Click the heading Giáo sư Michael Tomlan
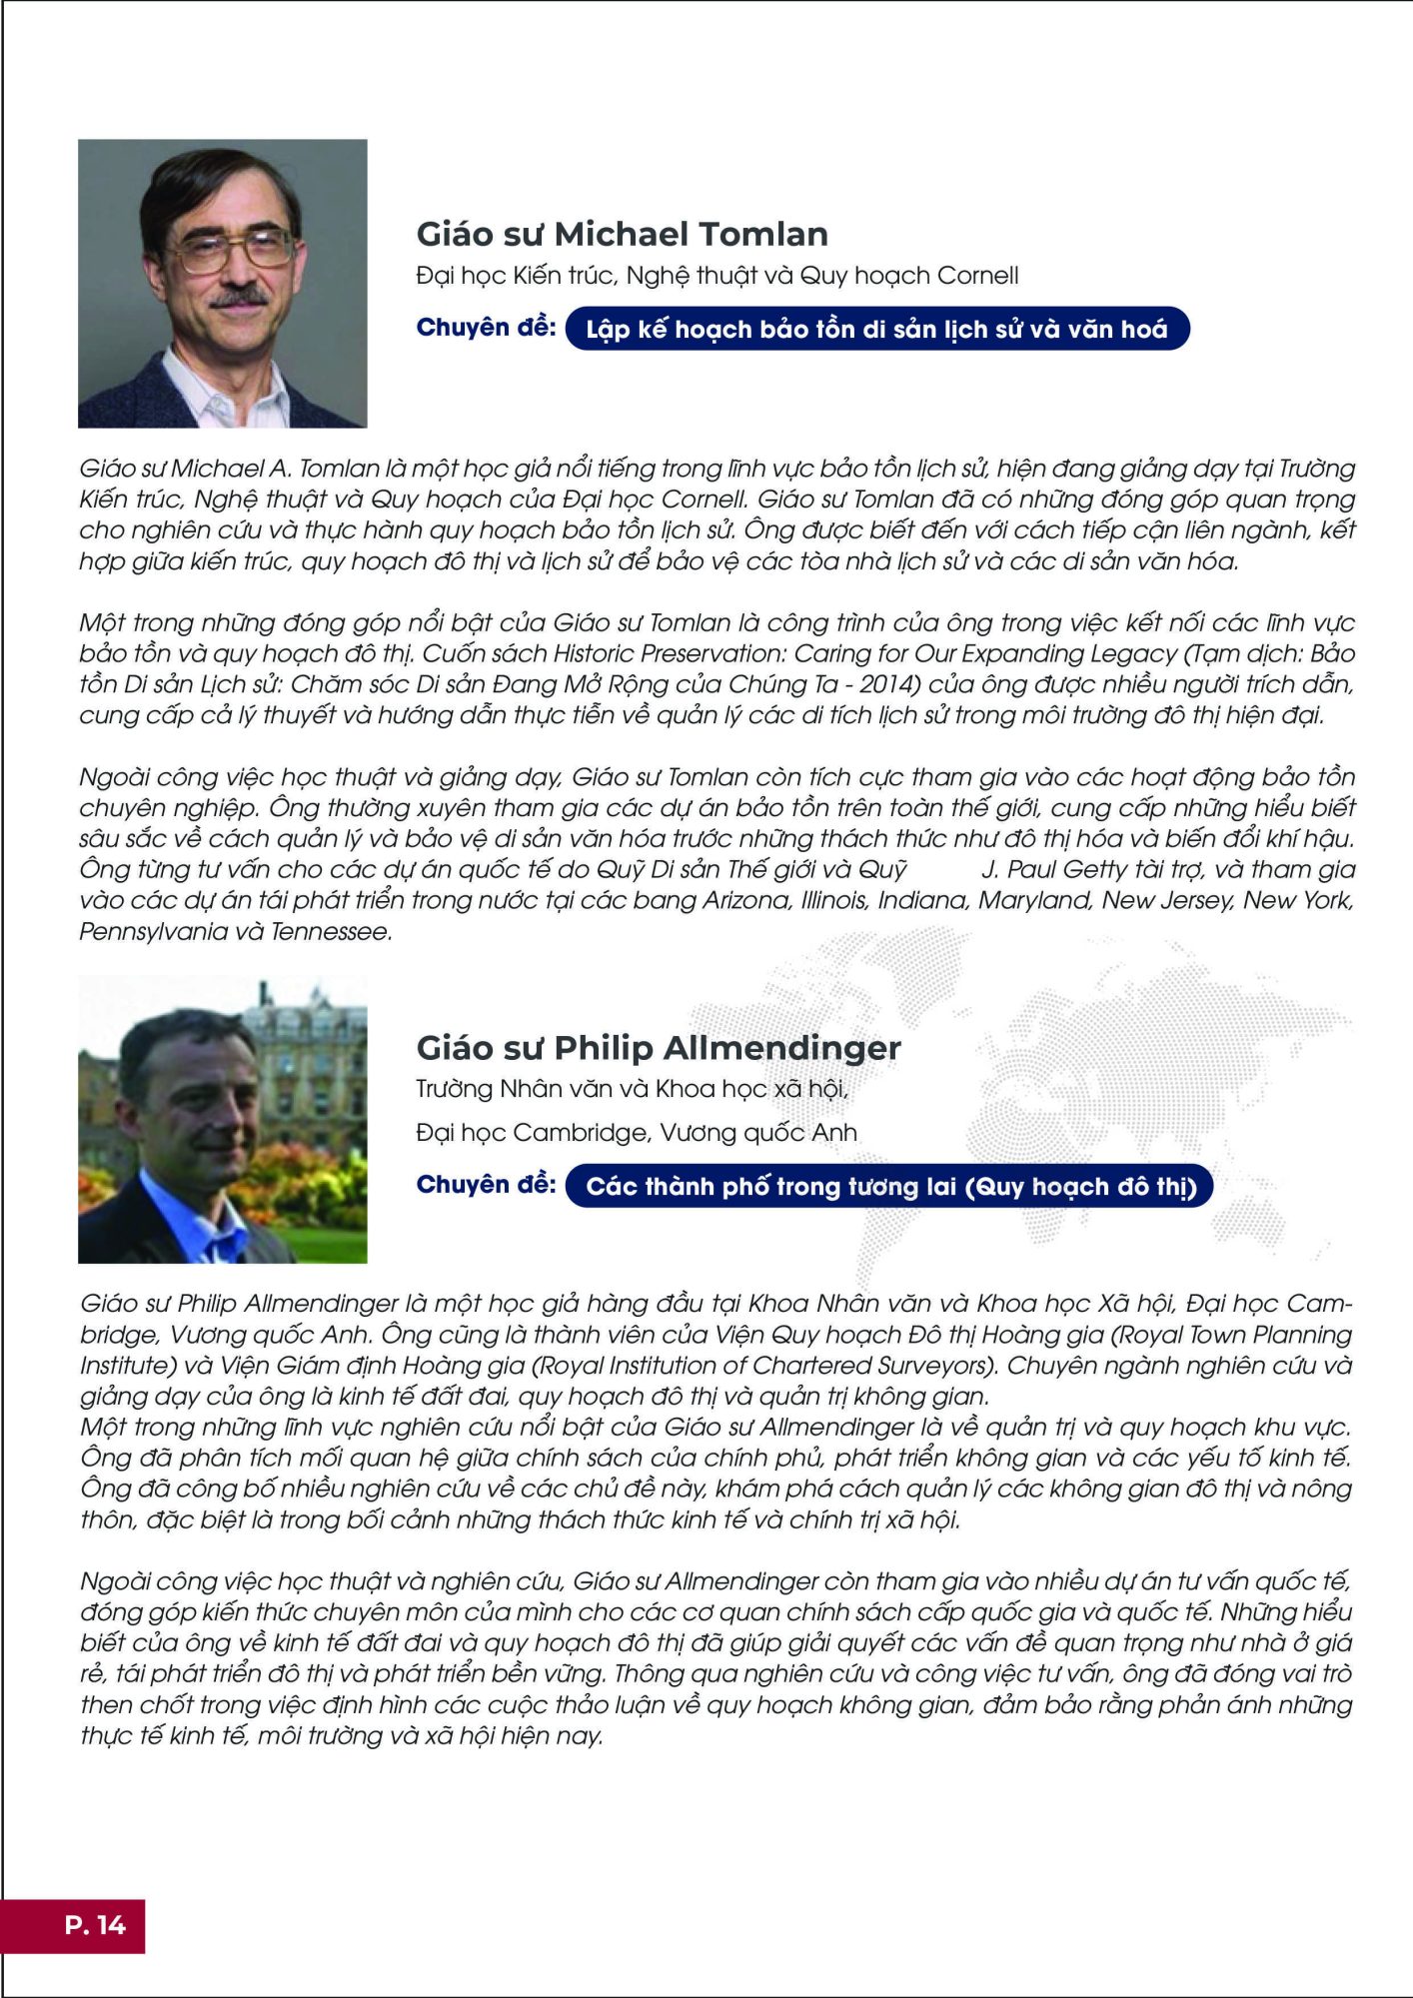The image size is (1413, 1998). click(x=622, y=234)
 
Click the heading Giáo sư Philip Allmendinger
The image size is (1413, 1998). click(x=659, y=1047)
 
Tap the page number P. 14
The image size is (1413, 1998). click(x=95, y=1925)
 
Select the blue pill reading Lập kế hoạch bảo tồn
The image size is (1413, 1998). click(x=876, y=329)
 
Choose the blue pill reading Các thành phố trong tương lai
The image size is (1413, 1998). click(x=889, y=1186)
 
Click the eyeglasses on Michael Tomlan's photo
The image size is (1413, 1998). click(x=235, y=247)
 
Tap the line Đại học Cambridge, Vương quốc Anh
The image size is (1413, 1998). click(x=636, y=1132)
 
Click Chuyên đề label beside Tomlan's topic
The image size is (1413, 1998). click(x=486, y=328)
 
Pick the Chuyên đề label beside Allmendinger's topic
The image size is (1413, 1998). click(x=486, y=1184)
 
